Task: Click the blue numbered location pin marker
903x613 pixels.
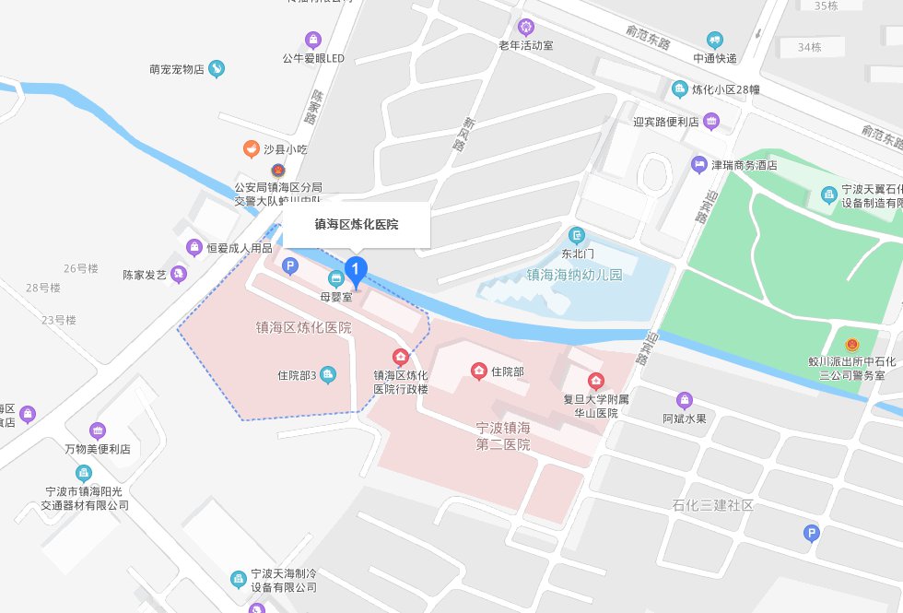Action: (x=356, y=269)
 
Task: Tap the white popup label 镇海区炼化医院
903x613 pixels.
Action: (x=356, y=225)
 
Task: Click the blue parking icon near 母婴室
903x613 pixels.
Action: (x=290, y=267)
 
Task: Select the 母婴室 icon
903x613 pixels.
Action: (x=336, y=278)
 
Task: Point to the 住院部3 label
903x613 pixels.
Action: (x=297, y=375)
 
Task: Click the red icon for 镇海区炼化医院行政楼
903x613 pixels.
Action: (x=401, y=357)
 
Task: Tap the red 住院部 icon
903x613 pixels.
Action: (x=479, y=371)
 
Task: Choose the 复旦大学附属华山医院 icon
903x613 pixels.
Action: (x=596, y=381)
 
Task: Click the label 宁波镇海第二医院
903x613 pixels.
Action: (x=503, y=436)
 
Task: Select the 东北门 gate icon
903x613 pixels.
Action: (x=577, y=235)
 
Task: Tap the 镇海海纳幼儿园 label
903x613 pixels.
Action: (x=560, y=275)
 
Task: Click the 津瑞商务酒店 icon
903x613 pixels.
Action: (x=699, y=164)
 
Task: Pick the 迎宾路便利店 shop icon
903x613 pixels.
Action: (x=710, y=121)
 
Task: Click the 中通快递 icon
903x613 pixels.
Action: (x=714, y=40)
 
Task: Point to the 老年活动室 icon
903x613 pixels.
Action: (x=526, y=27)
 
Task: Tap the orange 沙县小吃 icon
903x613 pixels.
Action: (x=250, y=147)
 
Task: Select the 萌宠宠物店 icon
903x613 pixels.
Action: (x=216, y=68)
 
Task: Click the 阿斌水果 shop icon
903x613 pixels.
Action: (x=684, y=399)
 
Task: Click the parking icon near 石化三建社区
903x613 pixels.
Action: (x=811, y=532)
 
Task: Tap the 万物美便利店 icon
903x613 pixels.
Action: (x=98, y=430)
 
